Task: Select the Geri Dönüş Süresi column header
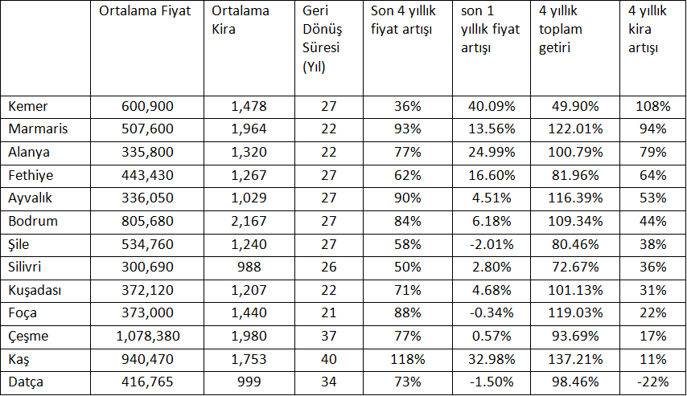[322, 39]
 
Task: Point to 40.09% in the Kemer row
[491, 106]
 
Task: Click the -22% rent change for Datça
[652, 383]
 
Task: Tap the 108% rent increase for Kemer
[652, 106]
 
